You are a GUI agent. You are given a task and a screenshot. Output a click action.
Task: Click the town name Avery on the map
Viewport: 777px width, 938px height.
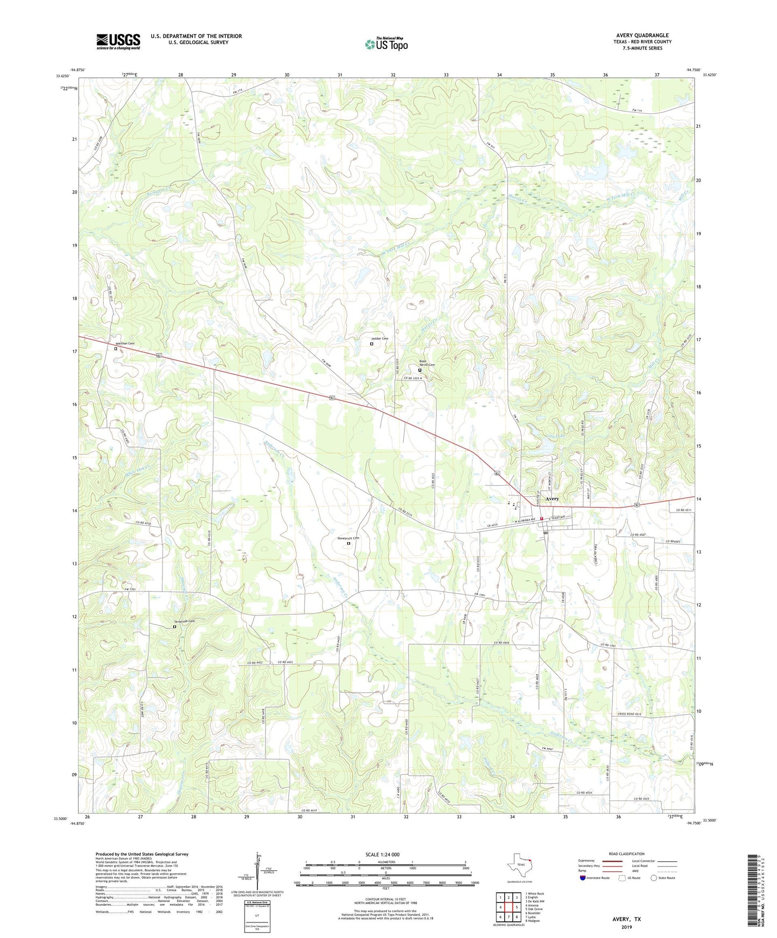552,499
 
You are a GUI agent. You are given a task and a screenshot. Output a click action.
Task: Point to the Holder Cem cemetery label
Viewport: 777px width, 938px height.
379,338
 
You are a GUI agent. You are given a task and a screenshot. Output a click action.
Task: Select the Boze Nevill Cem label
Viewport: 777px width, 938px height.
427,363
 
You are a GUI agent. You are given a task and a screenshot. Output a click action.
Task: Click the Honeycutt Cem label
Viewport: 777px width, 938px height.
348,538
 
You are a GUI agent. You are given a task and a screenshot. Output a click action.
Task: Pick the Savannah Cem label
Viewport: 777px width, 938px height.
183,620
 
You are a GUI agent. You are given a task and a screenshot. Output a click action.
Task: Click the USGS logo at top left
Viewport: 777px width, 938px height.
118,41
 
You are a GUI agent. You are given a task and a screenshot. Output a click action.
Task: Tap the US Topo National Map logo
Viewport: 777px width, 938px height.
386,44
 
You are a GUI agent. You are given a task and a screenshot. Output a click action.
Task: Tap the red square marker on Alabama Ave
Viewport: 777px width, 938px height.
542,518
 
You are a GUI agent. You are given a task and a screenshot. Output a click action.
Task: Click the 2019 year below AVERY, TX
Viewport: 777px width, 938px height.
626,927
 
